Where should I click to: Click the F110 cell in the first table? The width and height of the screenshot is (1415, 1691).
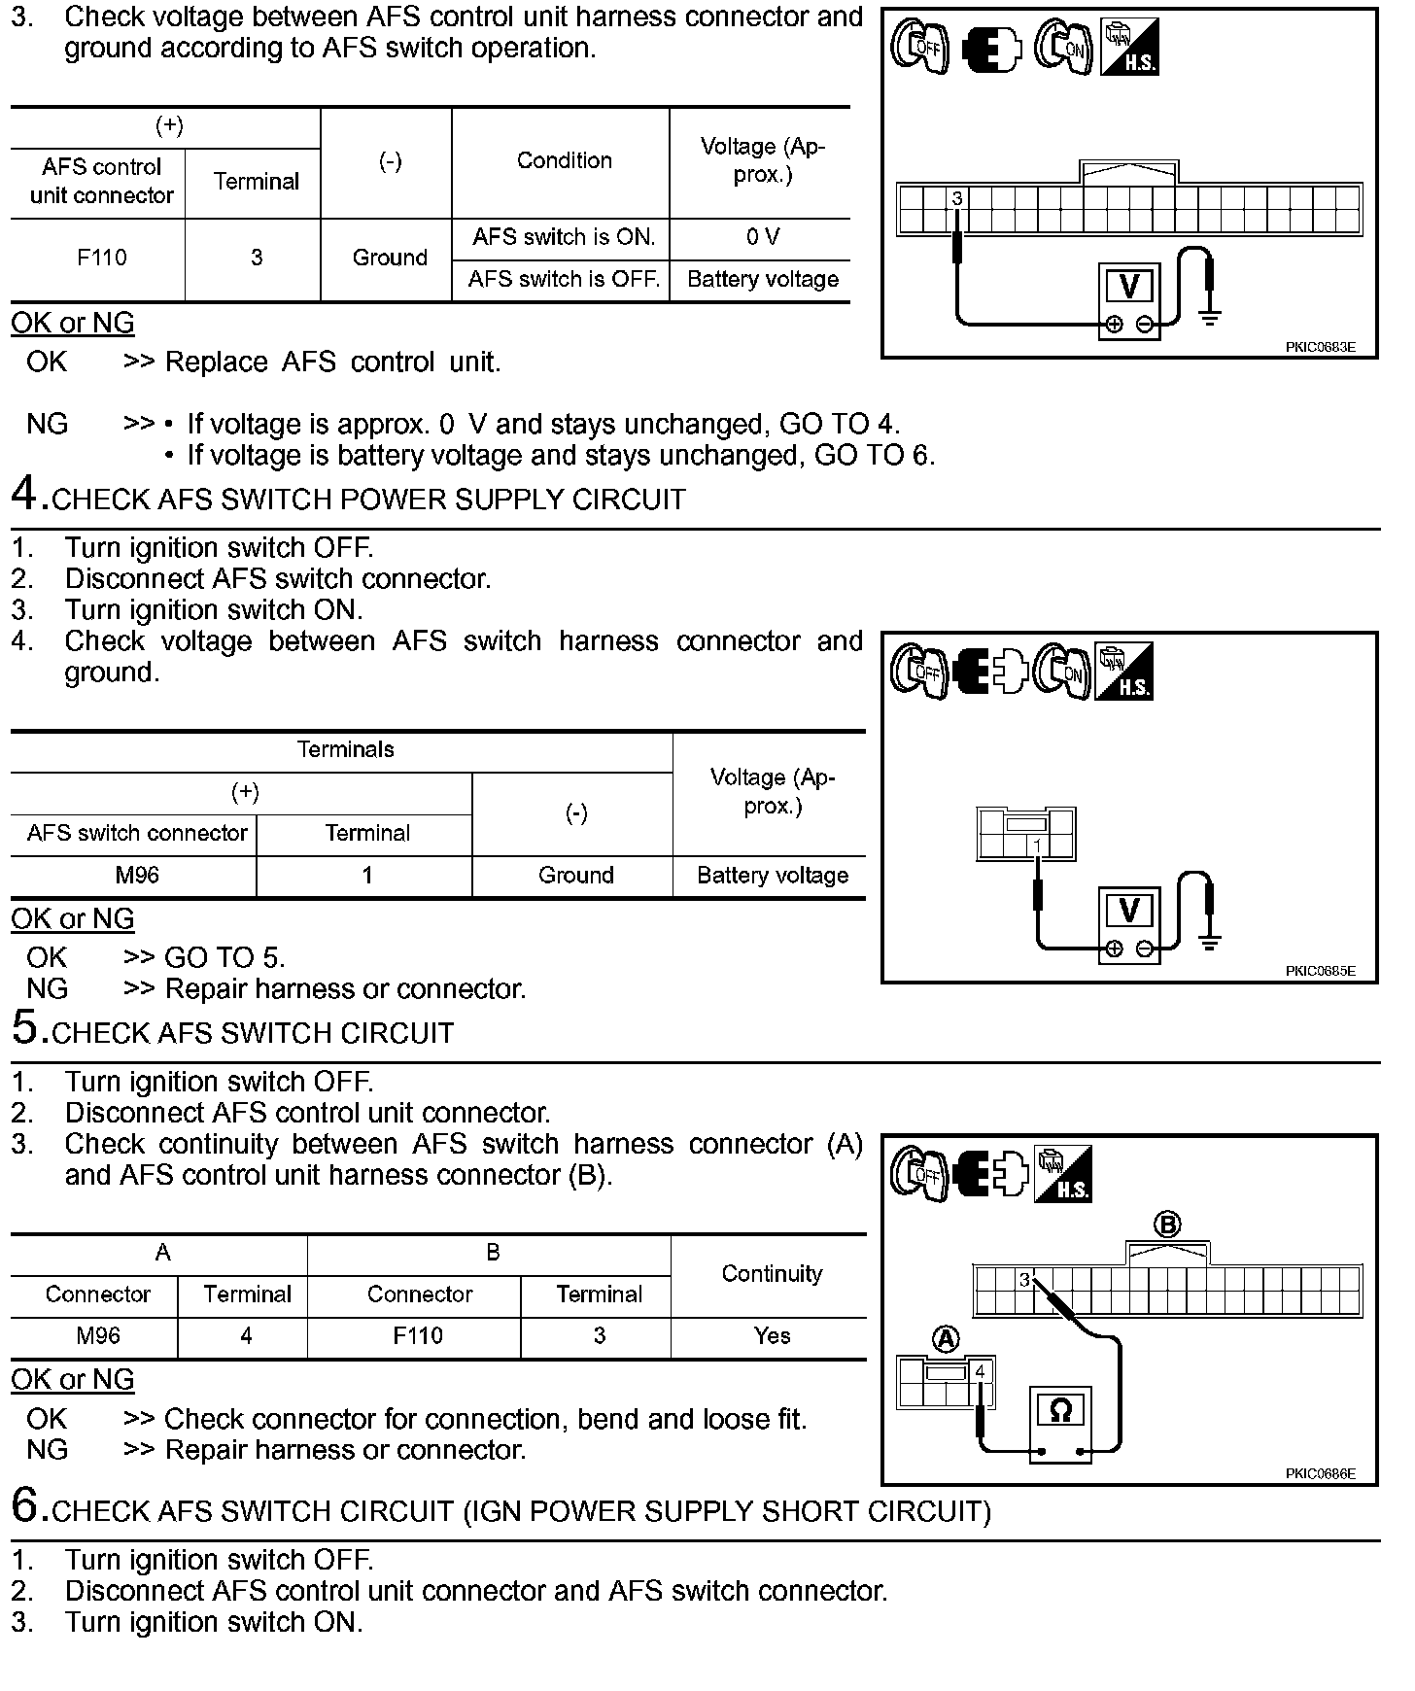[x=101, y=259]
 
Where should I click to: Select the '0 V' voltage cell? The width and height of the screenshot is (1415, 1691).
[x=763, y=237]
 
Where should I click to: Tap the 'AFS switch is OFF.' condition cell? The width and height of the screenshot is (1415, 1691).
[x=564, y=280]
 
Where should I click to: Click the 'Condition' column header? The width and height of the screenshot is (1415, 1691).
[x=564, y=161]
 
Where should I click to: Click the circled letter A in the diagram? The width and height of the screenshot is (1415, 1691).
[x=945, y=1340]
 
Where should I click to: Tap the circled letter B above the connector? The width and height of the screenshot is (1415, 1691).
[x=1167, y=1225]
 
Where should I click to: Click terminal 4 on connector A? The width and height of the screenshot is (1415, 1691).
[x=980, y=1372]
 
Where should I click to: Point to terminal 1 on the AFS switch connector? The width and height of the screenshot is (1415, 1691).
[x=1038, y=846]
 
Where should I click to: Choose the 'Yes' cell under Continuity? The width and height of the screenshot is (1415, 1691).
[x=772, y=1336]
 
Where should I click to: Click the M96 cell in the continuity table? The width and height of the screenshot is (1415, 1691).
[x=97, y=1336]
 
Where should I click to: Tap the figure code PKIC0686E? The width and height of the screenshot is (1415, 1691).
[x=1320, y=1474]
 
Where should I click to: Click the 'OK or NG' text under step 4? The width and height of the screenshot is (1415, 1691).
[x=73, y=919]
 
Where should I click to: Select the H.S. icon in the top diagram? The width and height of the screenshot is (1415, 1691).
[x=1129, y=49]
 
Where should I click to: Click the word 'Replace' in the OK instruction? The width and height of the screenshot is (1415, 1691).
[x=216, y=362]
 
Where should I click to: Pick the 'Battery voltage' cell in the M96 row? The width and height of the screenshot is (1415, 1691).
[x=773, y=876]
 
